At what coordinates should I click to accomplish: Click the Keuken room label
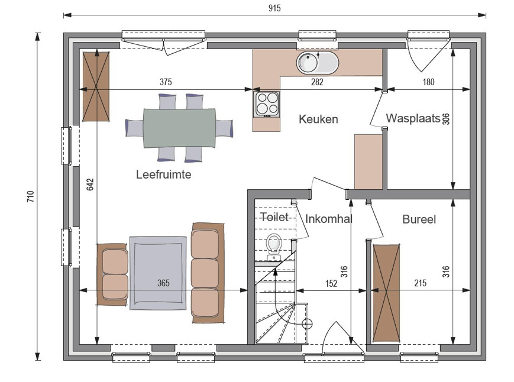[318, 119]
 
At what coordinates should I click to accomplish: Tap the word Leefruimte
[164, 174]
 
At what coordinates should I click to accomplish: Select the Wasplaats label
[413, 118]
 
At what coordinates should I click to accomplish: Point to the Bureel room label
[419, 219]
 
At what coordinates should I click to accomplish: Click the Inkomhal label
[329, 219]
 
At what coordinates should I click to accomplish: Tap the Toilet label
[274, 217]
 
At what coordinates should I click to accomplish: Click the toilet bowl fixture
[274, 247]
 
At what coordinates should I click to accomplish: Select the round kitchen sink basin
[307, 63]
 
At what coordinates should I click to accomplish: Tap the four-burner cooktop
[267, 104]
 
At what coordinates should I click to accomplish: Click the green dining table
[180, 128]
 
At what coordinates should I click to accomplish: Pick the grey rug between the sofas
[158, 273]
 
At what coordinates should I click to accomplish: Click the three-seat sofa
[208, 273]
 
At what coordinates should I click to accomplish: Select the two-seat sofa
[112, 274]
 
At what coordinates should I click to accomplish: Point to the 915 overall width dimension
[274, 8]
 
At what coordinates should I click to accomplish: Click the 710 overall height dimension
[31, 196]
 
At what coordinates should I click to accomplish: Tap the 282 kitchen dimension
[317, 82]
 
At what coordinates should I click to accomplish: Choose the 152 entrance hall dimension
[331, 283]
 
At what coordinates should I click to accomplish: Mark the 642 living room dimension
[90, 184]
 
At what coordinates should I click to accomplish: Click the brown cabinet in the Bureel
[386, 293]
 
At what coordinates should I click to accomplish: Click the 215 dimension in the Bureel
[420, 283]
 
